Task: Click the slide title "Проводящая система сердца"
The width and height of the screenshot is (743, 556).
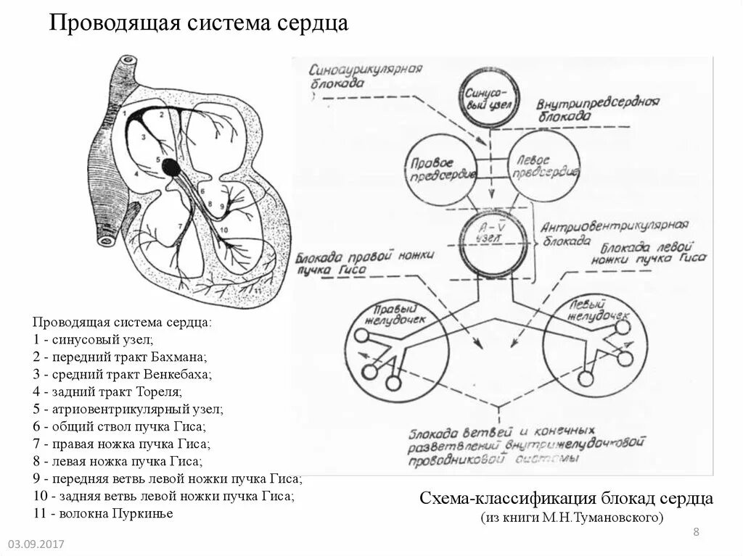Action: point(198,24)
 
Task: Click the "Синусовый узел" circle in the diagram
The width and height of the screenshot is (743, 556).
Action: point(490,96)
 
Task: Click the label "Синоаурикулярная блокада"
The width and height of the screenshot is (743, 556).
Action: point(365,76)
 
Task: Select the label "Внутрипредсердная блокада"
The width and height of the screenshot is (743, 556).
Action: point(596,108)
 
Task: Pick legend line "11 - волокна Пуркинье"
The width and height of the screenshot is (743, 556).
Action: point(102,514)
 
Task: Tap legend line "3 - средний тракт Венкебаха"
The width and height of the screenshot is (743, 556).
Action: point(121,375)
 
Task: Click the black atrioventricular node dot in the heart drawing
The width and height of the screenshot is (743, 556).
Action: point(171,167)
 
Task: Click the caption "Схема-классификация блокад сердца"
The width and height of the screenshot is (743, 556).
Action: point(566,499)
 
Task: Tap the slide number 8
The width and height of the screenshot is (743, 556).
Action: point(696,533)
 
